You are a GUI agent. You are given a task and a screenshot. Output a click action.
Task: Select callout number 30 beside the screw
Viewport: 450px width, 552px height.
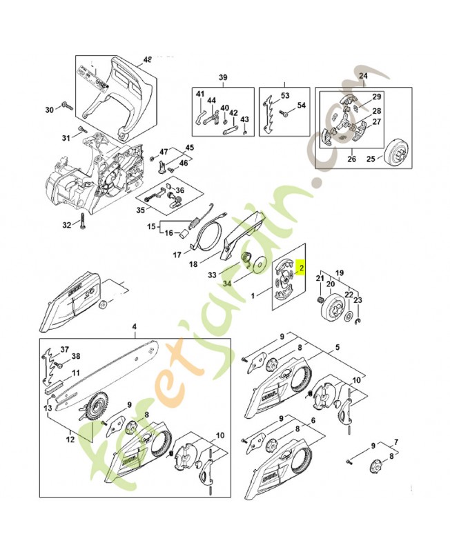(49, 110)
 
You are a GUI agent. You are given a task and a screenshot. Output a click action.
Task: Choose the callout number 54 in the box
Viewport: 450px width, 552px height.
(301, 106)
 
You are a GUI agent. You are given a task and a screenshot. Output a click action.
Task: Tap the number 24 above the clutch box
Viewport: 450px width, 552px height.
(363, 76)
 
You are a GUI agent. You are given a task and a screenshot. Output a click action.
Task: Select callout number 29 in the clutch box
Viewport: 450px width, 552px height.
(377, 97)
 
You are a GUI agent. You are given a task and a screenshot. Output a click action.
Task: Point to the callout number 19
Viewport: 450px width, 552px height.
(339, 272)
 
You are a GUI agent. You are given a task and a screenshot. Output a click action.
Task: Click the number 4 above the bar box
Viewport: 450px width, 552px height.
(135, 326)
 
